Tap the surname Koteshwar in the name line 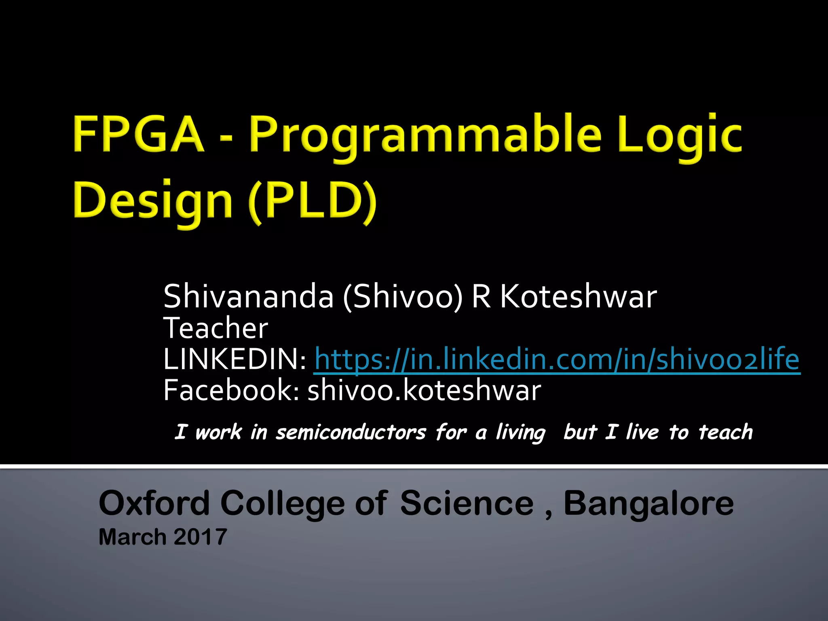(x=578, y=296)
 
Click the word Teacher (x=215, y=328)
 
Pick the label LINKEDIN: (x=234, y=359)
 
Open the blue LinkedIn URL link (x=557, y=359)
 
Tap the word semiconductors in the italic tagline (x=351, y=433)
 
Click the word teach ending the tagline (x=725, y=432)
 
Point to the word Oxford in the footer (x=154, y=503)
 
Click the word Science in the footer (x=467, y=503)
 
